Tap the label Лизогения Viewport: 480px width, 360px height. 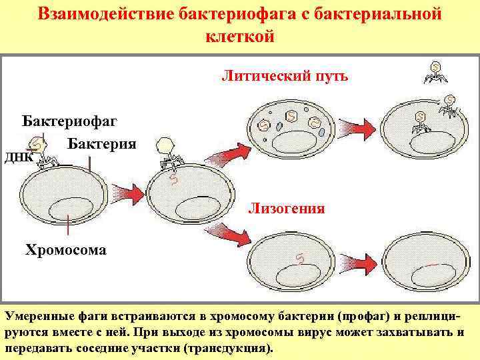[x=287, y=209]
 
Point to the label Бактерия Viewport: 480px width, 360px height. [x=102, y=144]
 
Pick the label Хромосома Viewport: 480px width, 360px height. [x=65, y=251]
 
